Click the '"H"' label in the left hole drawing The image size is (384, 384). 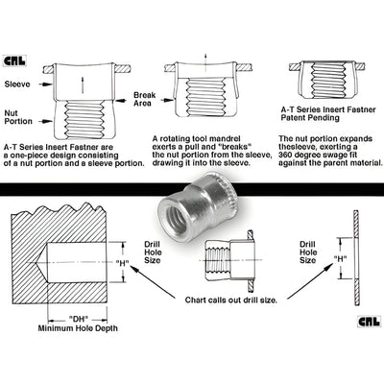tap(121, 263)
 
